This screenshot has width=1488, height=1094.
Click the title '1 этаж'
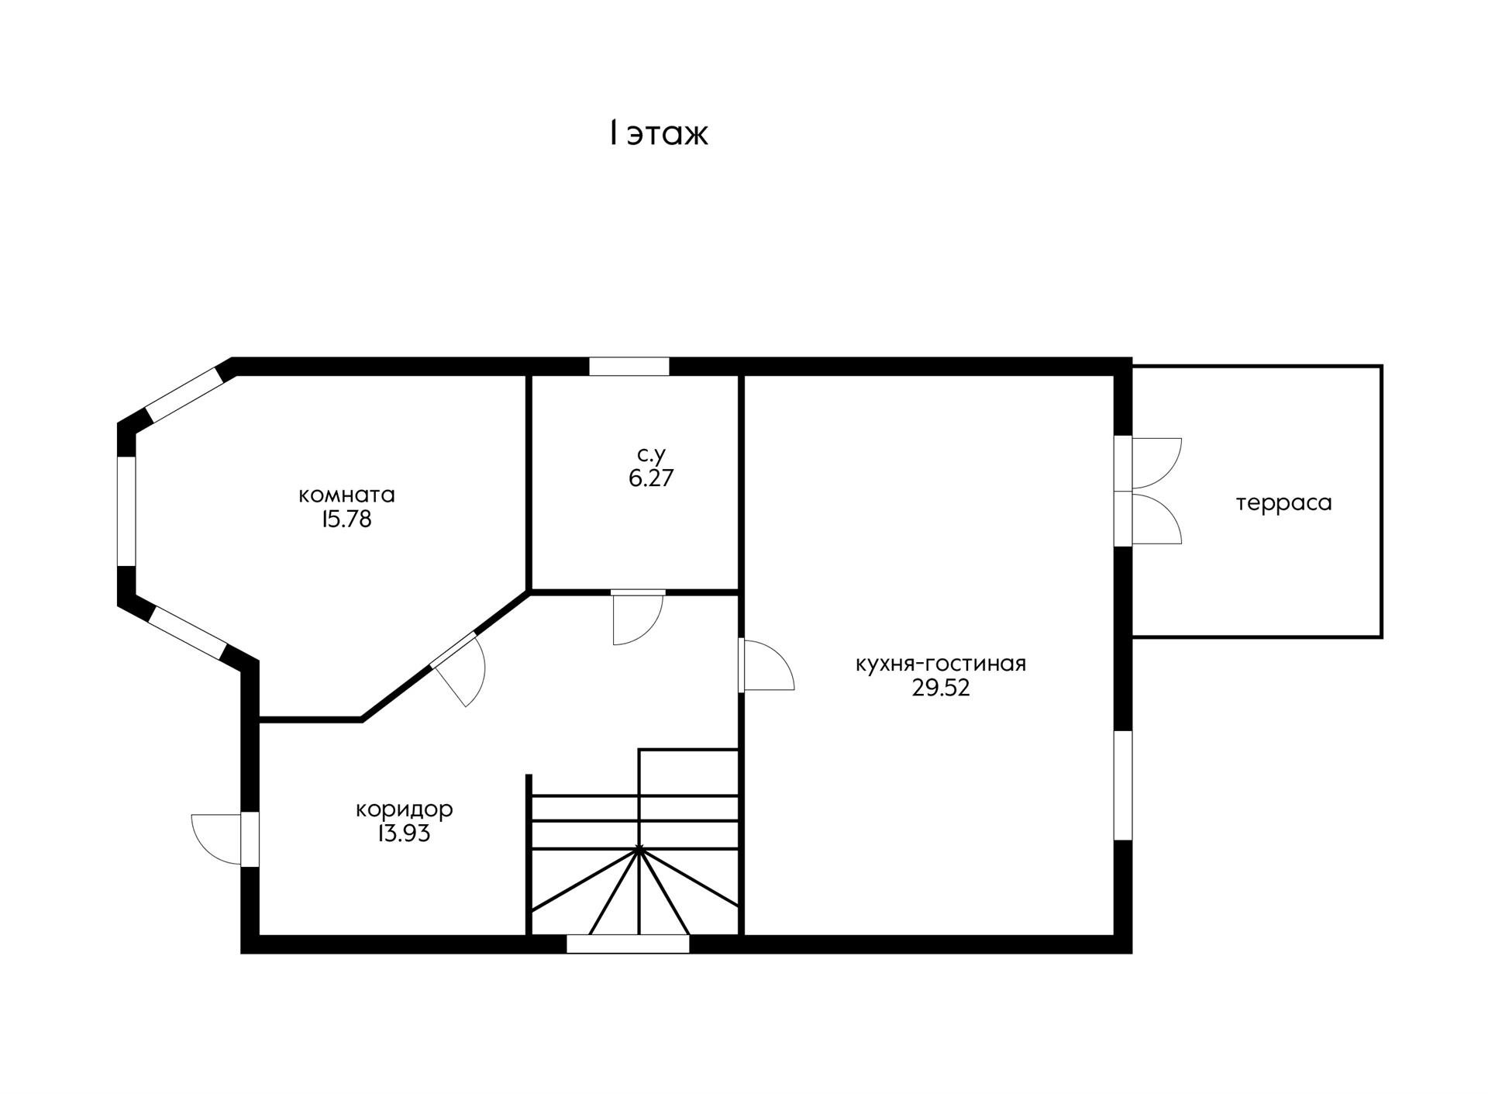click(658, 134)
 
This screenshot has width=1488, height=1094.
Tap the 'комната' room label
click(346, 495)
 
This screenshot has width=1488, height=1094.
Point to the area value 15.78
click(346, 519)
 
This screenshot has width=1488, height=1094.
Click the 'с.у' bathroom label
click(651, 454)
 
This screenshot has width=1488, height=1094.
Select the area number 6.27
click(651, 478)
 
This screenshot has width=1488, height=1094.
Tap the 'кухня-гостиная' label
click(940, 664)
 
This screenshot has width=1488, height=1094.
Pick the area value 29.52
click(940, 688)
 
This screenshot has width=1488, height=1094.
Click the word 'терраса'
click(1283, 504)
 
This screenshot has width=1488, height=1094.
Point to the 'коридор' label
click(404, 810)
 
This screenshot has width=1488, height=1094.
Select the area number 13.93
click(404, 834)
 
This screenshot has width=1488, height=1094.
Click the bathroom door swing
click(637, 618)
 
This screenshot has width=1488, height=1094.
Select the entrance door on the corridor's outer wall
click(225, 839)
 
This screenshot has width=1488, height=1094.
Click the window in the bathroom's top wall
click(629, 366)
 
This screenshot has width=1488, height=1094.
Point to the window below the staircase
click(628, 944)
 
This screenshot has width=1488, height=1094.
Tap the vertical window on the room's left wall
click(126, 511)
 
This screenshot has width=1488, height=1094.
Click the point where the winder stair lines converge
click(639, 850)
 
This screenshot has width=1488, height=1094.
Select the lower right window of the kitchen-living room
click(1123, 785)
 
